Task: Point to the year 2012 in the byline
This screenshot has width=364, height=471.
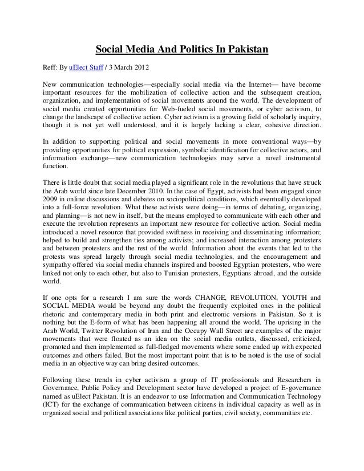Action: point(148,70)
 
